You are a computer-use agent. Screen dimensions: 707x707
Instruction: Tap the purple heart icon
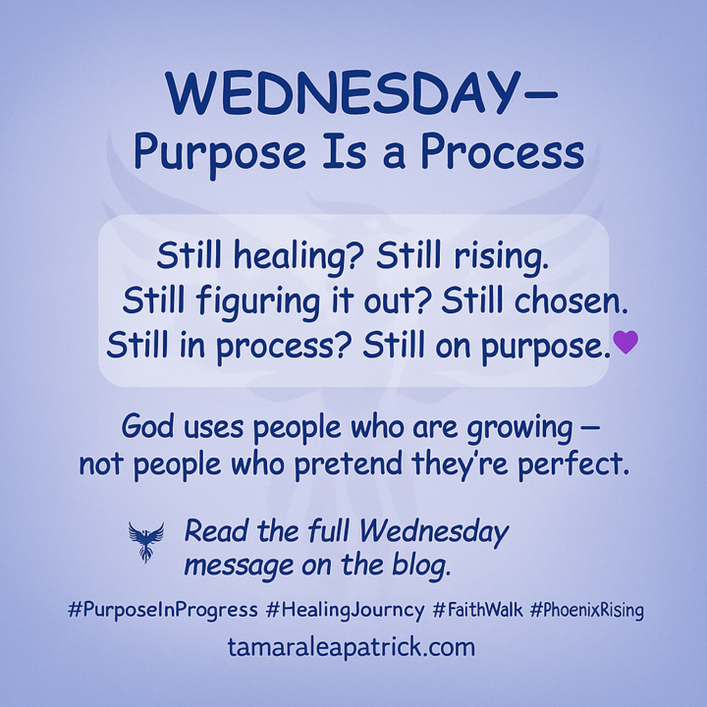tap(625, 342)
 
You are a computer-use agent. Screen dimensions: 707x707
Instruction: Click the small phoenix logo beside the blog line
tap(146, 541)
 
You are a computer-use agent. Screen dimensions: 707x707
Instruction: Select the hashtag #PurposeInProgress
tap(163, 610)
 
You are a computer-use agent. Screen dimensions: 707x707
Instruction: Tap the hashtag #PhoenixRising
tap(586, 610)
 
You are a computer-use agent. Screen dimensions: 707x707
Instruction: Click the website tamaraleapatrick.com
tap(351, 648)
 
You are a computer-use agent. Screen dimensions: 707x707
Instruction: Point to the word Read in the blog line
tap(214, 533)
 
